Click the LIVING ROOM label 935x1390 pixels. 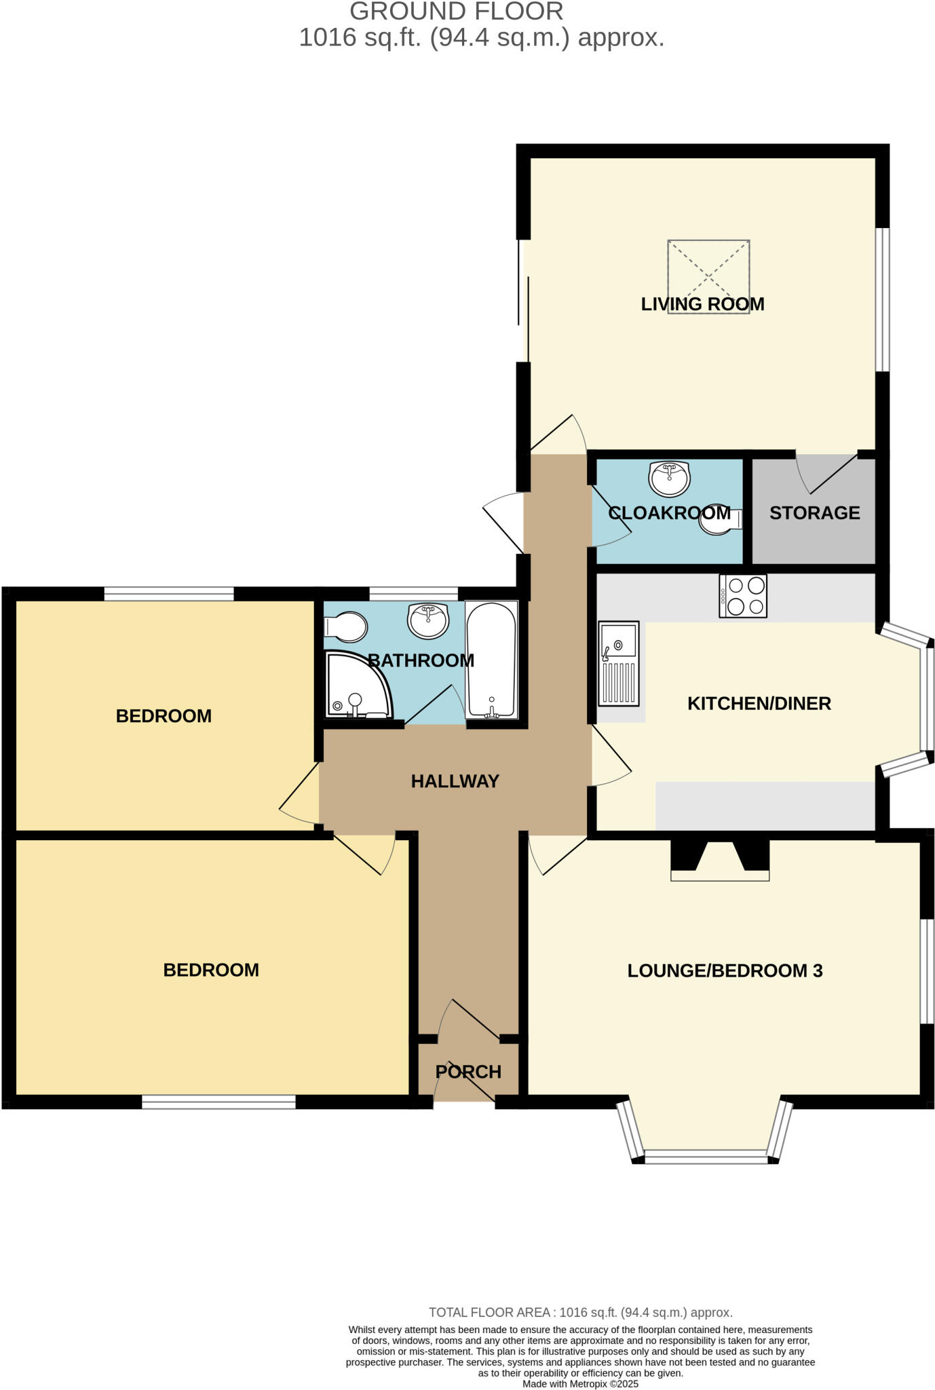pyautogui.click(x=702, y=304)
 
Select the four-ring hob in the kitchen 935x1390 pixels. pyautogui.click(x=743, y=596)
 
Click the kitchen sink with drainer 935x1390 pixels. pyautogui.click(x=618, y=663)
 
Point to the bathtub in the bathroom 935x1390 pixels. pyautogui.click(x=491, y=660)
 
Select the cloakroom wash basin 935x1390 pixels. pyautogui.click(x=669, y=478)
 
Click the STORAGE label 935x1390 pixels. pyautogui.click(x=814, y=513)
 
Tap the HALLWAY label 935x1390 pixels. pyautogui.click(x=455, y=781)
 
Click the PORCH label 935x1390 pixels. pyautogui.click(x=468, y=1072)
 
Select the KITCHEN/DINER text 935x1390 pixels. pyautogui.click(x=759, y=704)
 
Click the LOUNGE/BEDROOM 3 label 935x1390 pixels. pyautogui.click(x=725, y=971)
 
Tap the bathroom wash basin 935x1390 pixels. pyautogui.click(x=428, y=620)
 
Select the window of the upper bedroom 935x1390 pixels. pyautogui.click(x=169, y=595)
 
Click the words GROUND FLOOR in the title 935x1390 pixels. pyautogui.click(x=456, y=12)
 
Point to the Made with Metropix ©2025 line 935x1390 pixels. pyautogui.click(x=580, y=1384)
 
